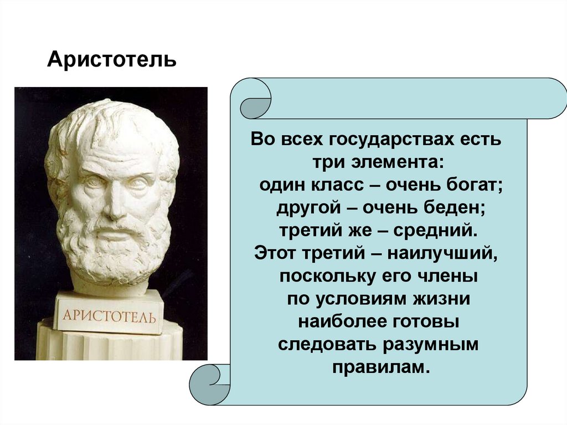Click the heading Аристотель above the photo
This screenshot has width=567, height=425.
112,59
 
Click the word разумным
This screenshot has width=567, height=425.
430,345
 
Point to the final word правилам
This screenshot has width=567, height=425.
382,368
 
